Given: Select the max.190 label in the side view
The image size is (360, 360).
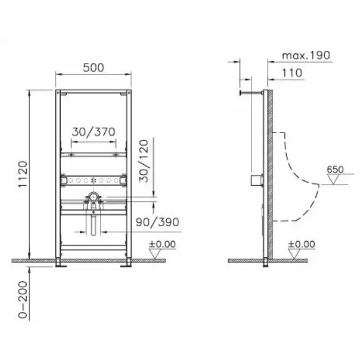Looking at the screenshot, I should (306, 55).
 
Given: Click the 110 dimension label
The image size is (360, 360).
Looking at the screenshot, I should (292, 73).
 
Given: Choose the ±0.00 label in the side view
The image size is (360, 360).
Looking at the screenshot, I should (302, 244).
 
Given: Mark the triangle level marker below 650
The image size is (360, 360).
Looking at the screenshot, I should (335, 180).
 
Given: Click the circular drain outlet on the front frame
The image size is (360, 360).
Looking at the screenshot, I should (93, 200).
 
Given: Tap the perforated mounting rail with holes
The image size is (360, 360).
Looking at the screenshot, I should (93, 181).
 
